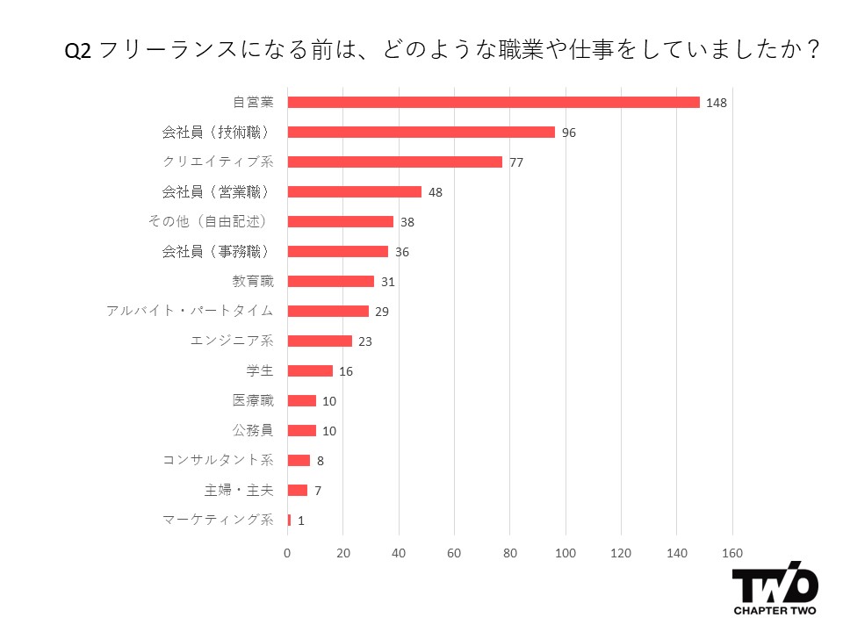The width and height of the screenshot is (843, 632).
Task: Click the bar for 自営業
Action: tap(494, 102)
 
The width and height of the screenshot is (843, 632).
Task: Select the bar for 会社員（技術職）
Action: tap(421, 132)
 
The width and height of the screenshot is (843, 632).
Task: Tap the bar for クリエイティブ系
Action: tap(395, 162)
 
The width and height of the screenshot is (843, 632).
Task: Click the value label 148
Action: tap(717, 103)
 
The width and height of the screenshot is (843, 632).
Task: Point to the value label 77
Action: tap(516, 162)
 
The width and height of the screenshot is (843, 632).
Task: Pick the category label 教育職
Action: tap(253, 281)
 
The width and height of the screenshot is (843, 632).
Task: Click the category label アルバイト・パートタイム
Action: tap(190, 311)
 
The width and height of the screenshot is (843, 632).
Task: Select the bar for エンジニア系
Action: tap(320, 341)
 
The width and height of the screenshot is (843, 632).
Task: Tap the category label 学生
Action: tap(260, 370)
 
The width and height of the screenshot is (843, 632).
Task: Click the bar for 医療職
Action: tap(302, 400)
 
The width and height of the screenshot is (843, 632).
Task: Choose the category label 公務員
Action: tap(253, 430)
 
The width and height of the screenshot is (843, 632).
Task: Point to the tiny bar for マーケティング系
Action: tap(289, 520)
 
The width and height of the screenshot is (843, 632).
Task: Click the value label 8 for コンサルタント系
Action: tap(321, 461)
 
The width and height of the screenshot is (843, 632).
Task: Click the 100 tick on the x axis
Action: tap(566, 553)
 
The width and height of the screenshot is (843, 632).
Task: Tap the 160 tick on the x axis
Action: tap(732, 553)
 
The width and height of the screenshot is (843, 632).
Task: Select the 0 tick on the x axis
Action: tap(287, 553)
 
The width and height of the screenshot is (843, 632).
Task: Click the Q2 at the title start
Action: tap(77, 51)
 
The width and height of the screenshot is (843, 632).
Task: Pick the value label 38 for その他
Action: tap(407, 222)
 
